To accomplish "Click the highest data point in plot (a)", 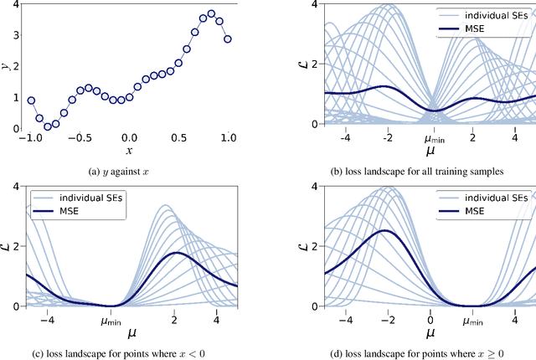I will pyautogui.click(x=211, y=13).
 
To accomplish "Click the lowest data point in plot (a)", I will pyautogui.click(x=48, y=126).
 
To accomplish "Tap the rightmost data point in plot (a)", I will pyautogui.click(x=227, y=39).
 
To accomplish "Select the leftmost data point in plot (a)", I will pyautogui.click(x=31, y=100).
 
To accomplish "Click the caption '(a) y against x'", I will pyautogui.click(x=130, y=172).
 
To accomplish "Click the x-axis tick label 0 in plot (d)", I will pyautogui.click(x=430, y=320).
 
